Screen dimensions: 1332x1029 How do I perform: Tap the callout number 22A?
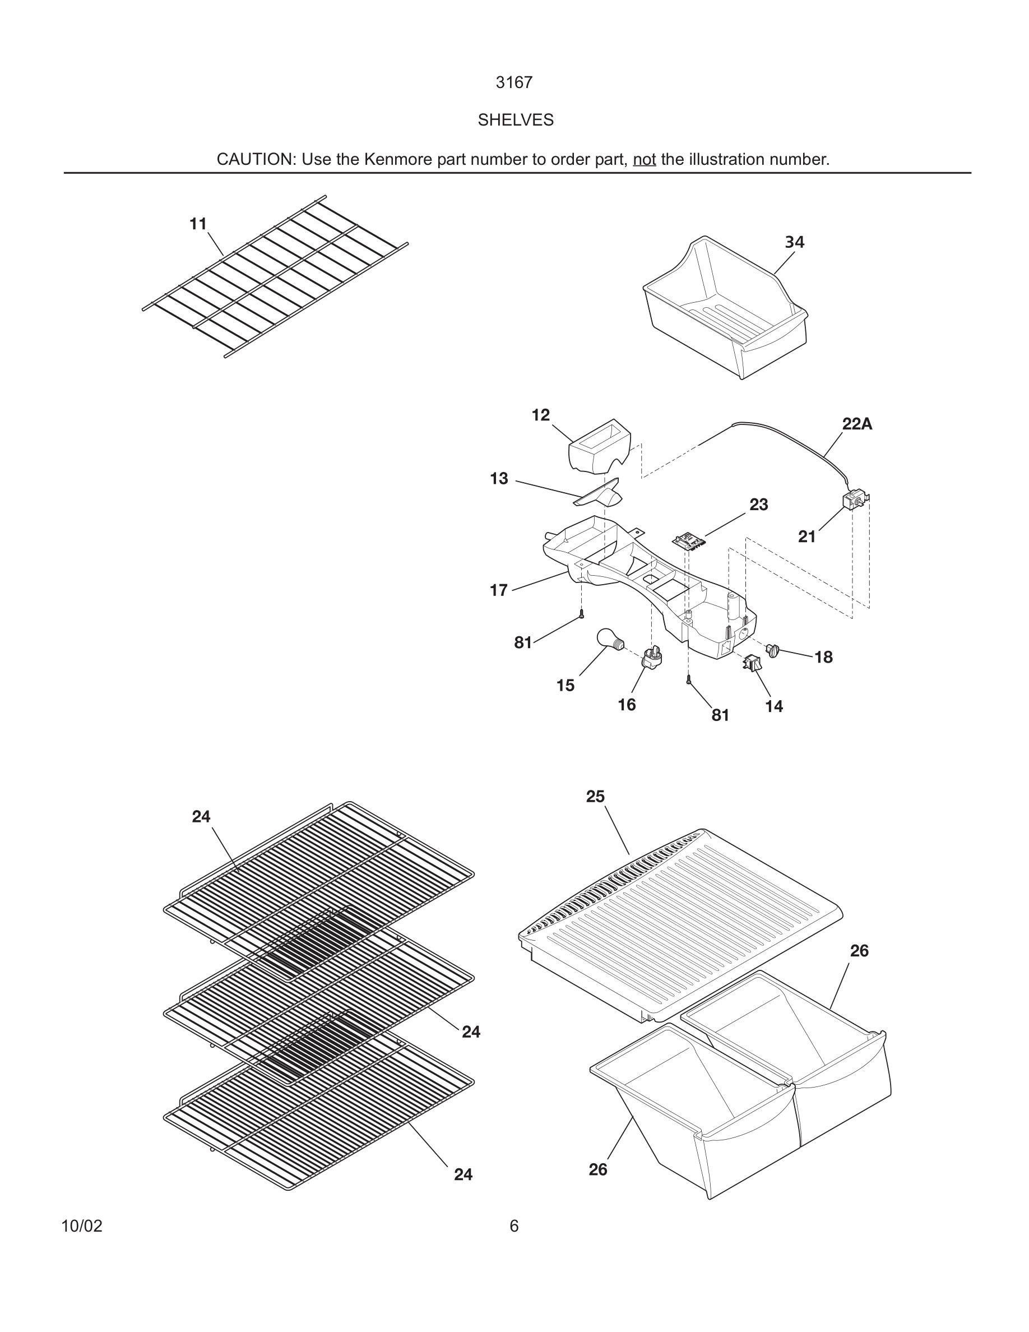pos(856,424)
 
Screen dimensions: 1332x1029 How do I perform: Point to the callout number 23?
pos(758,505)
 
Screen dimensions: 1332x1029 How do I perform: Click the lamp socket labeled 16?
pos(652,658)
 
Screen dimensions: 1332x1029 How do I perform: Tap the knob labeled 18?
pos(773,650)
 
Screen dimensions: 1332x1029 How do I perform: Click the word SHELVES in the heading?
pos(515,120)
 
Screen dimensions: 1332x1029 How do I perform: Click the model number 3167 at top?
pos(514,82)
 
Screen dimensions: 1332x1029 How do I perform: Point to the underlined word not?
pos(644,160)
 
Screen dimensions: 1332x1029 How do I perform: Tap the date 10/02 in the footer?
pos(82,1226)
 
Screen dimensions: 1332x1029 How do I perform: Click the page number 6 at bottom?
pos(514,1226)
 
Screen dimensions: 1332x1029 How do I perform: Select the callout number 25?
pos(595,797)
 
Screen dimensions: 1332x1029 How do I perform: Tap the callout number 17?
pos(499,590)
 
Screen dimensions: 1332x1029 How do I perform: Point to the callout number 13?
pos(499,479)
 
